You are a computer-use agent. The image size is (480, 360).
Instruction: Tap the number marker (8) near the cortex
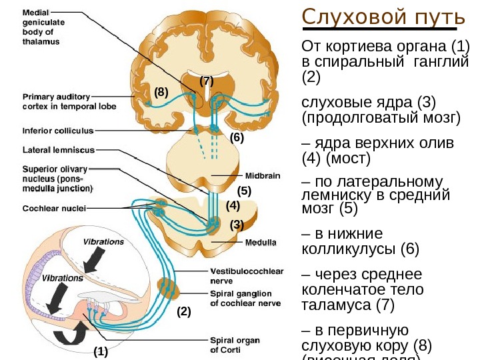(161, 92)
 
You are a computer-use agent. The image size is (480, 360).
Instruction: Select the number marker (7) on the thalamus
(207, 81)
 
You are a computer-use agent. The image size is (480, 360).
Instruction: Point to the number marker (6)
(238, 138)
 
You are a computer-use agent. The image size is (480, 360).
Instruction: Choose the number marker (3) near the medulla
(237, 225)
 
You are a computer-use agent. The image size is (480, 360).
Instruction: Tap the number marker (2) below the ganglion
(183, 311)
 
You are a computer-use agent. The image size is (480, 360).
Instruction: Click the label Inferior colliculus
(58, 131)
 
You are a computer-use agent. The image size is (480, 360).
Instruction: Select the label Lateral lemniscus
(59, 149)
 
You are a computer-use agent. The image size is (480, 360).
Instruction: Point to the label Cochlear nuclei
(55, 208)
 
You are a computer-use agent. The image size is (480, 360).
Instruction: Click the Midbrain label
(263, 176)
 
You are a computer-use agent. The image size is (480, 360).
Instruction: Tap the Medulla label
(261, 242)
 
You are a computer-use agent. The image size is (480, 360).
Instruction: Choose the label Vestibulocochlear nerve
(247, 276)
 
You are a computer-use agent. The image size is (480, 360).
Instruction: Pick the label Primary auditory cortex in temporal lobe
(69, 101)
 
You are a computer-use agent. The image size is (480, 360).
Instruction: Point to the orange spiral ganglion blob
(169, 288)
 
